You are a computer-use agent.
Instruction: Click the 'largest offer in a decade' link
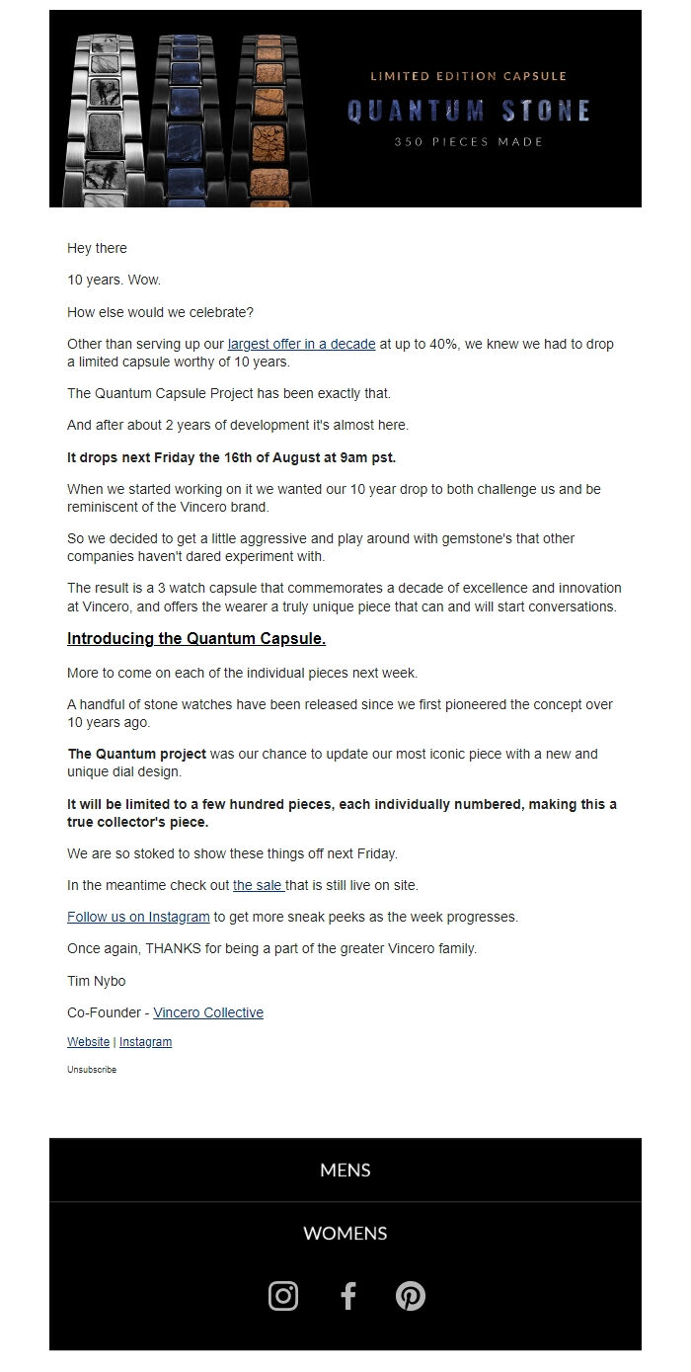click(301, 344)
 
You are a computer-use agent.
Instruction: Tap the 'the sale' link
click(258, 885)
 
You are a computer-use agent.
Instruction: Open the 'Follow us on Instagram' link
click(138, 917)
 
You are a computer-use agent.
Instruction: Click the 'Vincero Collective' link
click(208, 1012)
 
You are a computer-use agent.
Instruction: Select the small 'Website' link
click(88, 1042)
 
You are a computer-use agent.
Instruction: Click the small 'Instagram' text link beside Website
click(145, 1042)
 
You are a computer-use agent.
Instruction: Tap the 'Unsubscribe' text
click(92, 1070)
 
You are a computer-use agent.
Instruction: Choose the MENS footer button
click(345, 1170)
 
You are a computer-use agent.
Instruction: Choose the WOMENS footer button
click(345, 1234)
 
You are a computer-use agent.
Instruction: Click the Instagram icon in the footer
click(283, 1296)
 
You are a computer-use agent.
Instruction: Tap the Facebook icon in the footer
click(347, 1296)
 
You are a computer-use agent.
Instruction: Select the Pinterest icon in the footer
click(410, 1296)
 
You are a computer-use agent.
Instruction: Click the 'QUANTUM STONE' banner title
click(469, 111)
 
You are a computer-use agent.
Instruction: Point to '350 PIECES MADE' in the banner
click(469, 142)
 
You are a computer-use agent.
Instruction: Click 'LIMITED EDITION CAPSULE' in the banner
click(469, 76)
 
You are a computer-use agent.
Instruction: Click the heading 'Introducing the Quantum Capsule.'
click(196, 639)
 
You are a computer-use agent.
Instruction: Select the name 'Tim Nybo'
click(97, 981)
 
